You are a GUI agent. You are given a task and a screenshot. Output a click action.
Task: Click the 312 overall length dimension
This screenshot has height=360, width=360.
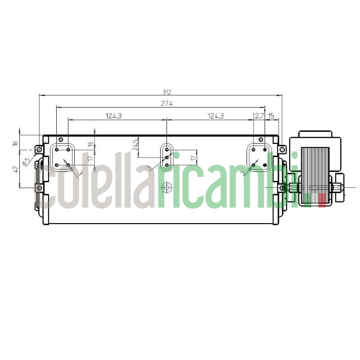[167, 92]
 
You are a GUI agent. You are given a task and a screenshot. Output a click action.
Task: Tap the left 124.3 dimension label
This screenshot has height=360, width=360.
[114, 116]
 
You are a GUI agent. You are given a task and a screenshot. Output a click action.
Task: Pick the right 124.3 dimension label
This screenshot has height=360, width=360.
[216, 116]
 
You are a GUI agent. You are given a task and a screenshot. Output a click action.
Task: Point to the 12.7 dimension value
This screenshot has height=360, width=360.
[258, 116]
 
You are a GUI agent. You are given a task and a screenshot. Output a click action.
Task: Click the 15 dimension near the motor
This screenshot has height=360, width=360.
[271, 116]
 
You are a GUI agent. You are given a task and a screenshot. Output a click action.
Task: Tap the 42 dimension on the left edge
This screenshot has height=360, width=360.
[15, 169]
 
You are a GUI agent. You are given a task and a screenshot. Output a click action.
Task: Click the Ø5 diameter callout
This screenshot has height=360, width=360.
[26, 160]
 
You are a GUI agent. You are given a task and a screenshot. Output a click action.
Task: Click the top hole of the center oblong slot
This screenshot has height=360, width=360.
[167, 149]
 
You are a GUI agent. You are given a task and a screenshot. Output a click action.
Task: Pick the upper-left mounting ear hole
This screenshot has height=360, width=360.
[39, 149]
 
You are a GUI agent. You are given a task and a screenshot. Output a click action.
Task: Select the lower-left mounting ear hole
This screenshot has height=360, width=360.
[39, 187]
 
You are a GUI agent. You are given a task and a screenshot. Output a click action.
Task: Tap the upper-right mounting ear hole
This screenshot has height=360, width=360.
[282, 149]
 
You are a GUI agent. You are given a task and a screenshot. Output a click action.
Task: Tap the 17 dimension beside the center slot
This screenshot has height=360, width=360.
[193, 158]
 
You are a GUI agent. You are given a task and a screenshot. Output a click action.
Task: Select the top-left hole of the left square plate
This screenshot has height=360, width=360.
[57, 149]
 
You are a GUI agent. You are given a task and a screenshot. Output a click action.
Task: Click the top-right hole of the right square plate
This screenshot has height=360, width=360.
[265, 149]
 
